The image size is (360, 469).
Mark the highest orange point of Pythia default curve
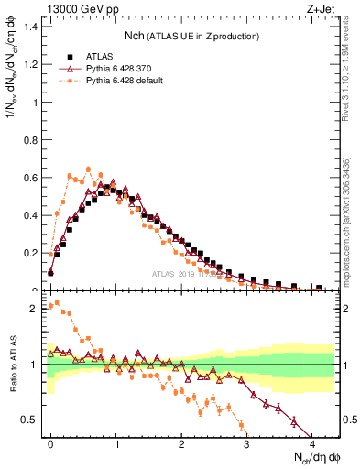(88, 169)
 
